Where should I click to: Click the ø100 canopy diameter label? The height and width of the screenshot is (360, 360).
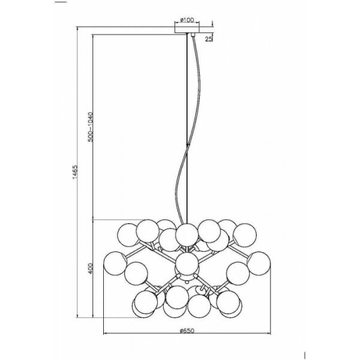(x=187, y=20)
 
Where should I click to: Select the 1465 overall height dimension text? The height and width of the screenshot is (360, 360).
(x=74, y=175)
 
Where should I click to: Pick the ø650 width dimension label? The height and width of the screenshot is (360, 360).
(x=188, y=329)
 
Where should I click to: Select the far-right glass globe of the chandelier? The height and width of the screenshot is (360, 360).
(x=259, y=262)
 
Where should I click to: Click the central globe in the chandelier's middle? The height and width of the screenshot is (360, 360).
(x=187, y=263)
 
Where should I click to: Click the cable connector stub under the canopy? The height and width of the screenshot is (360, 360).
(x=193, y=37)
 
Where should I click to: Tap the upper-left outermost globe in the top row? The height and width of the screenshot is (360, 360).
(x=128, y=232)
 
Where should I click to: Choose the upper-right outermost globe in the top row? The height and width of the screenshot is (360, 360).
(x=244, y=234)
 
